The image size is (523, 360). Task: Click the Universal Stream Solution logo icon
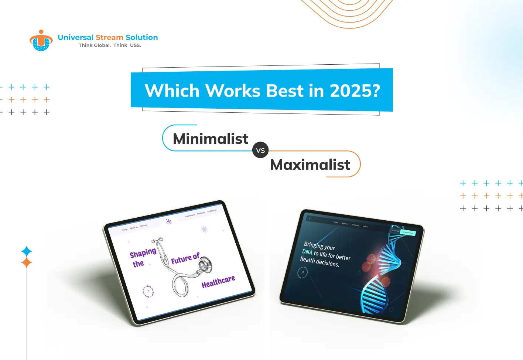click(x=41, y=40)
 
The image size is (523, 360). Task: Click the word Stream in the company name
click(x=109, y=37)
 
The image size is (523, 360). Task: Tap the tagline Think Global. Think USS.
click(x=110, y=45)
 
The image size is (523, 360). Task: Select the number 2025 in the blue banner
click(x=355, y=91)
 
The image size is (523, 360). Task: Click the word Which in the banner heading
click(x=172, y=91)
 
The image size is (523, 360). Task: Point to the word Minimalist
click(x=211, y=139)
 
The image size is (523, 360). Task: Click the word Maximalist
click(x=310, y=165)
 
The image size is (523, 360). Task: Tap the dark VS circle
click(x=260, y=150)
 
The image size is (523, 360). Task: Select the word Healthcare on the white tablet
click(x=218, y=282)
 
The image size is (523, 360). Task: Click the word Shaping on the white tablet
click(x=143, y=253)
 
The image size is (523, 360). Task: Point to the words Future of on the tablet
click(x=185, y=258)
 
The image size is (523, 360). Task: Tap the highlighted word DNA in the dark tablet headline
click(x=307, y=252)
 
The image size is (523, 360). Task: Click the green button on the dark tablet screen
click(x=408, y=232)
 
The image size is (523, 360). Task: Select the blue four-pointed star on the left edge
click(x=27, y=252)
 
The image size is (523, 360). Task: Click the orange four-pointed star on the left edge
click(x=27, y=263)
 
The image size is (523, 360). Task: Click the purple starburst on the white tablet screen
click(x=204, y=230)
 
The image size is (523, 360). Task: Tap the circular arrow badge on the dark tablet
click(x=302, y=273)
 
